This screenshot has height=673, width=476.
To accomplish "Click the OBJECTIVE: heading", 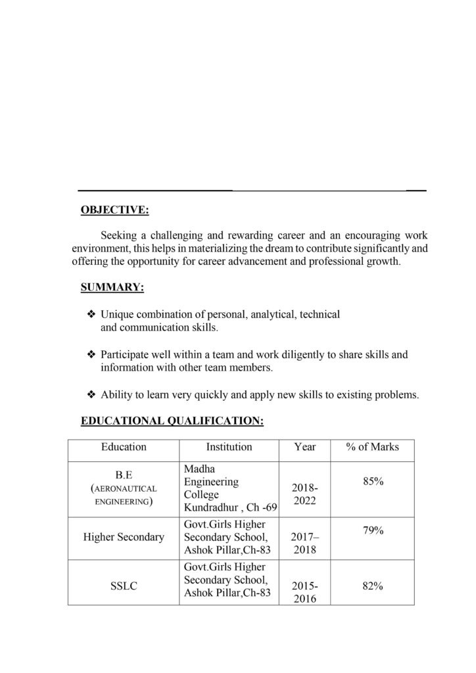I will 114,210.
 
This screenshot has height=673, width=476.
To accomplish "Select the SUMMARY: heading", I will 112,287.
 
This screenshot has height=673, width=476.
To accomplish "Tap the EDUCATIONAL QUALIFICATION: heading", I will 172,421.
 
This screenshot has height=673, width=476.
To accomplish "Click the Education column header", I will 124,447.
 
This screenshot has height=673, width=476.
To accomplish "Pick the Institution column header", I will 229,447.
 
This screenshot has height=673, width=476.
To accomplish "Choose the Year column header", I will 305,447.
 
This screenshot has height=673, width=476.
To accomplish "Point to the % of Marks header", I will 372,447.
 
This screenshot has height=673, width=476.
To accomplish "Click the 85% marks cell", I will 373,482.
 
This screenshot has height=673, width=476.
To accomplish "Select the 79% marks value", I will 373,530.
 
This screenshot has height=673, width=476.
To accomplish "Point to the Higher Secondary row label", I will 124,537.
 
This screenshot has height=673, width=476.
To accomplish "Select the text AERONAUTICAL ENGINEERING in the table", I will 124,496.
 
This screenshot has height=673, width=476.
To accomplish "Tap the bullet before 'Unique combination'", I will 91,315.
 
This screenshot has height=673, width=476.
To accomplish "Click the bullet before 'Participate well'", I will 91,355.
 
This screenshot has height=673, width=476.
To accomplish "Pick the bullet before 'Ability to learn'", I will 91,395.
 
